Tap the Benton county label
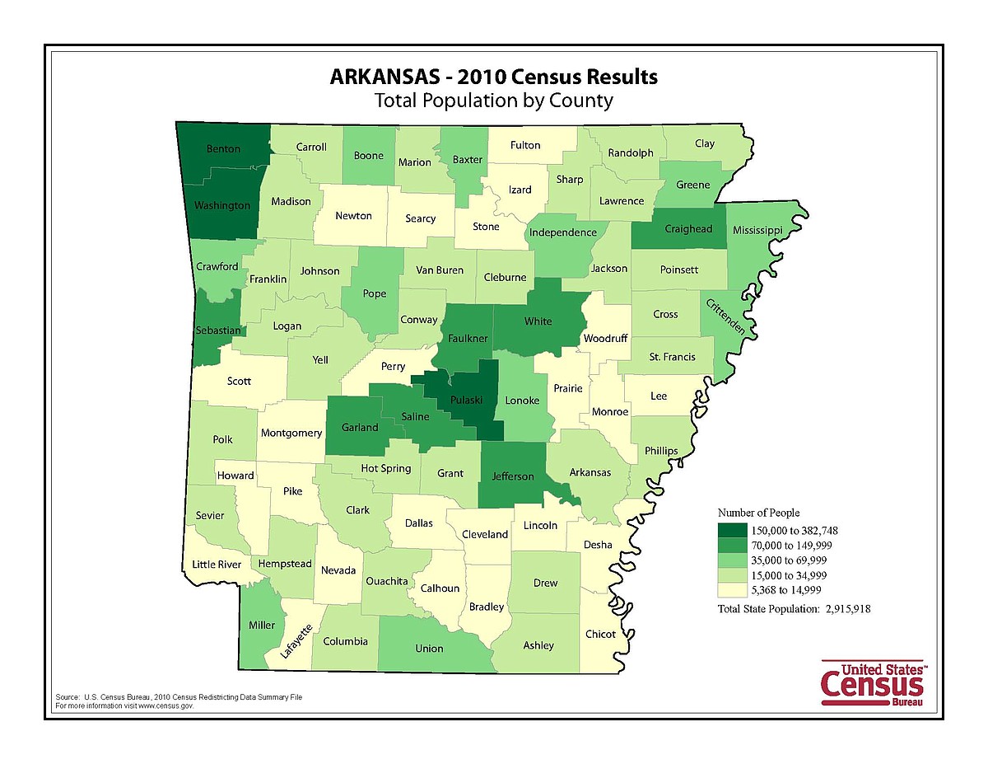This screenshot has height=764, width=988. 223,149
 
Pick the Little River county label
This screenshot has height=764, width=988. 217,565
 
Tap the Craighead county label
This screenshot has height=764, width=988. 688,229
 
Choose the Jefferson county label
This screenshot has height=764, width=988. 513,476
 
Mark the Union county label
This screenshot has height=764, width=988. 429,648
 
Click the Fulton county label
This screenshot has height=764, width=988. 525,145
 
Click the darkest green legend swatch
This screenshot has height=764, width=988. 732,530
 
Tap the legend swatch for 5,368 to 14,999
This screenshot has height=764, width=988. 732,589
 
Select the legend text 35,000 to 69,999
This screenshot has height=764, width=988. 789,560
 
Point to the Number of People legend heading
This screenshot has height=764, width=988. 758,513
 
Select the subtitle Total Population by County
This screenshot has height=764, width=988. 494,101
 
